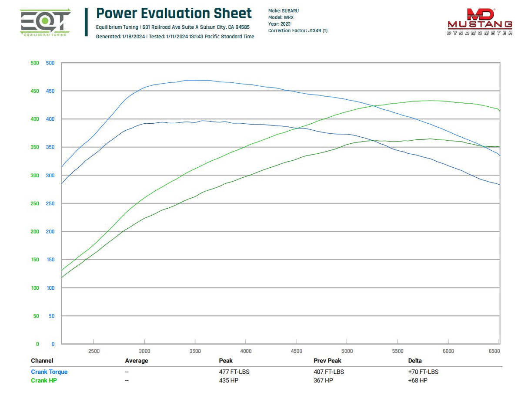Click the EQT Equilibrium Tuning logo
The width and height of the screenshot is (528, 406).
pyautogui.click(x=45, y=22)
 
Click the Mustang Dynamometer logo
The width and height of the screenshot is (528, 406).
pyautogui.click(x=480, y=22)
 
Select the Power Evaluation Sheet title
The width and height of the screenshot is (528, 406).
pyautogui.click(x=174, y=13)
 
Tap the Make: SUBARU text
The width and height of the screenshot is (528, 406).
pyautogui.click(x=283, y=11)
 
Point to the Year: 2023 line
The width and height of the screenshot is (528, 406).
pyautogui.click(x=279, y=24)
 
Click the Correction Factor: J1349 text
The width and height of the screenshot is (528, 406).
pyautogui.click(x=297, y=30)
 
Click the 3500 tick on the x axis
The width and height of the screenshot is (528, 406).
pyautogui.click(x=195, y=351)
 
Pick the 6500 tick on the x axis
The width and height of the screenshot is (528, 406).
pyautogui.click(x=495, y=351)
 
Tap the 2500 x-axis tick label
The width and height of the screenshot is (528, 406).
pyautogui.click(x=94, y=351)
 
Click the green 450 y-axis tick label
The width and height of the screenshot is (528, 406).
pyautogui.click(x=35, y=91)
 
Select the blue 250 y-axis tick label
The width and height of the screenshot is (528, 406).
pyautogui.click(x=50, y=203)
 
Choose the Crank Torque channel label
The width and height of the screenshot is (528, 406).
pyautogui.click(x=49, y=372)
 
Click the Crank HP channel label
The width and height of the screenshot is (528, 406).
pyautogui.click(x=43, y=380)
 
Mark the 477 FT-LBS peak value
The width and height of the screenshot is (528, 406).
pyautogui.click(x=234, y=372)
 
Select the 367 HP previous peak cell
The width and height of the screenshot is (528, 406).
pyautogui.click(x=323, y=380)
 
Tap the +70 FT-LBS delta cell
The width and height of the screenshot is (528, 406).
pyautogui.click(x=423, y=372)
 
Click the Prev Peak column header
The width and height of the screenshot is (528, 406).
pyautogui.click(x=327, y=361)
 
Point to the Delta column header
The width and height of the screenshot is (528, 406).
pyautogui.click(x=415, y=361)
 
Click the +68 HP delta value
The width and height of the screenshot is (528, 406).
pyautogui.click(x=418, y=380)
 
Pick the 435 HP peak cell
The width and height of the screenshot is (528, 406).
pyautogui.click(x=228, y=380)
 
